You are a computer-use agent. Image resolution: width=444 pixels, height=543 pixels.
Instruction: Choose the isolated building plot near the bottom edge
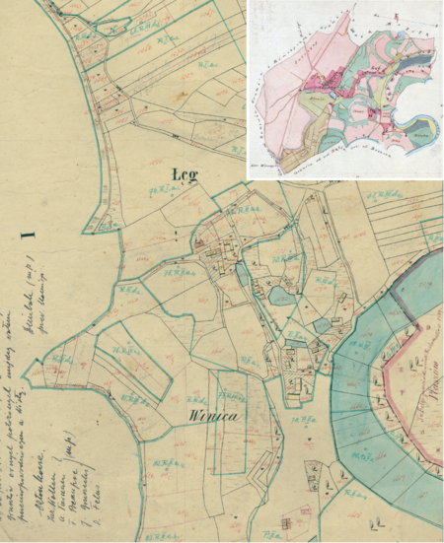[286, 522]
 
